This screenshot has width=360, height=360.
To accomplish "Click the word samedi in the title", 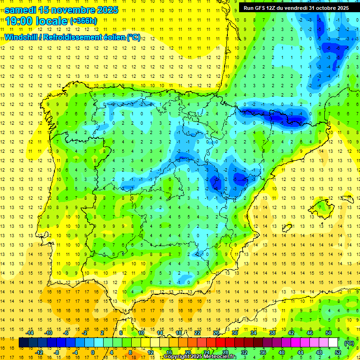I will click(22, 9).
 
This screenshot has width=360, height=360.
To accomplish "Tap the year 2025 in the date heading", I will click(102, 9).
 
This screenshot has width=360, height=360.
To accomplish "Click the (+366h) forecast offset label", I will click(83, 21).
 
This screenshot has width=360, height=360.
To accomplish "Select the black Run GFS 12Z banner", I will click(295, 7).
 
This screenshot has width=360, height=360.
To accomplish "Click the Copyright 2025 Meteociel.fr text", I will click(200, 357).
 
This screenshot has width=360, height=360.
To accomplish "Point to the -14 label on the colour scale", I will click(30, 333).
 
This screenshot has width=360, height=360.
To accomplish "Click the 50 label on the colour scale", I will click(329, 333).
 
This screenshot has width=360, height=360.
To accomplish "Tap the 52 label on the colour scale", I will click(337, 352).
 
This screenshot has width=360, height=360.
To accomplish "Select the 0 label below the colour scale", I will click(92, 352).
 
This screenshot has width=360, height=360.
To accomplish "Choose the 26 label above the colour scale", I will click(217, 333).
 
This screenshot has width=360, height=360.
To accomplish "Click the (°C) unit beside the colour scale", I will click(349, 343).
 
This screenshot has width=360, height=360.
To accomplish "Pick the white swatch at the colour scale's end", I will click(333, 343).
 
